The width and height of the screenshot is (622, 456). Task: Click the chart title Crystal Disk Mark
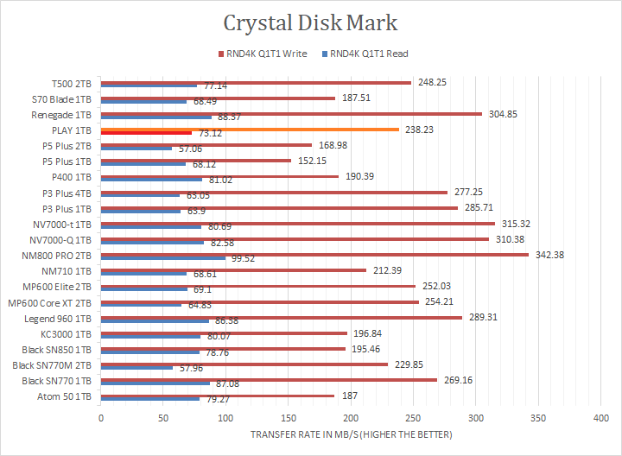(311, 23)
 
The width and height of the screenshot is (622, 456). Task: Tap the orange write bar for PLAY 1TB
(251, 130)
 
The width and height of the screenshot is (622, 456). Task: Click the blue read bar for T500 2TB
(149, 85)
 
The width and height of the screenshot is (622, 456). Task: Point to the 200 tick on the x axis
(351, 418)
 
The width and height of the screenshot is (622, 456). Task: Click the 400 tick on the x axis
(600, 418)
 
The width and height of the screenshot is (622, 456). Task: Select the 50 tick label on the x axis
(163, 418)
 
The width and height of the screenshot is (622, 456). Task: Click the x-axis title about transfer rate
(351, 434)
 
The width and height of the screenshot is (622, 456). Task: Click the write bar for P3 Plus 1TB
(279, 207)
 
